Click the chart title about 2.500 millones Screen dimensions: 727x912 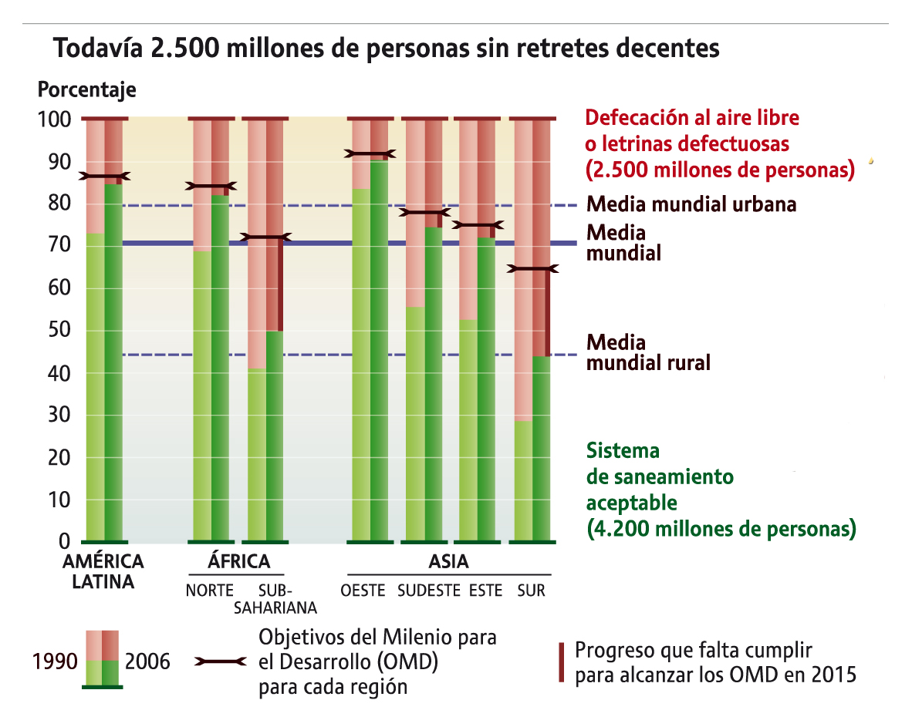[386, 49]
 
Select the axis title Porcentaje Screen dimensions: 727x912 [86, 89]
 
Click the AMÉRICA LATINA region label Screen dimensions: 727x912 [103, 570]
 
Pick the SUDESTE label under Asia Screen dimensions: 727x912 [428, 591]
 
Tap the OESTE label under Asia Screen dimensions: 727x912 [363, 591]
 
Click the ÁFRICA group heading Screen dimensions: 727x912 [238, 560]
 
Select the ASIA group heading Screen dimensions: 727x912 [448, 560]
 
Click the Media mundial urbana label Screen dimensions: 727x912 [691, 204]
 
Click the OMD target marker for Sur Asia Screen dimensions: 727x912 [532, 269]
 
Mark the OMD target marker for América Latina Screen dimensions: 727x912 [104, 177]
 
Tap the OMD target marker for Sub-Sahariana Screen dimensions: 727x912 [265, 237]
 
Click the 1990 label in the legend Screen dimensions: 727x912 [54, 661]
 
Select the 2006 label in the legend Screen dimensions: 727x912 [147, 661]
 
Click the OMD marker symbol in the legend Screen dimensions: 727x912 [221, 661]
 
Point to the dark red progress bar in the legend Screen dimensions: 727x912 [561, 661]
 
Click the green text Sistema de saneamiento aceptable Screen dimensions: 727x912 [721, 490]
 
